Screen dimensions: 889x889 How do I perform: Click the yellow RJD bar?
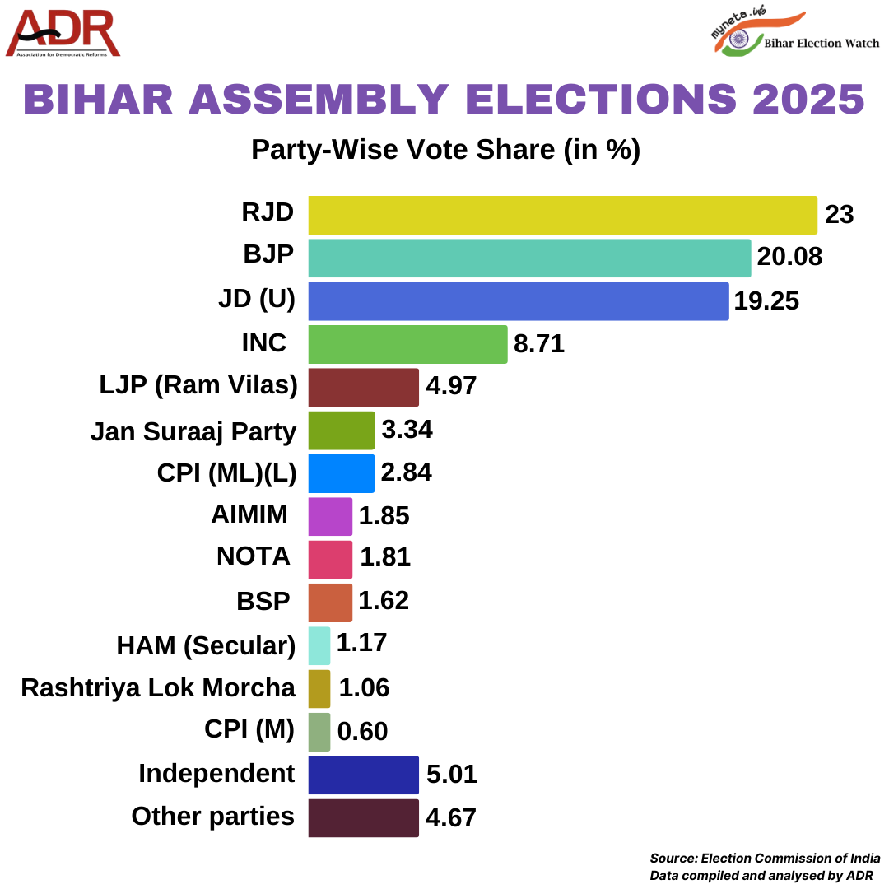[x=562, y=216]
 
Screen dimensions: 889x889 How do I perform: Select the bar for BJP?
[x=529, y=258]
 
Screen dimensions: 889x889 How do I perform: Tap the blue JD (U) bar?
[x=518, y=301]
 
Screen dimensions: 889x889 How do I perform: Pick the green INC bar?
[x=407, y=344]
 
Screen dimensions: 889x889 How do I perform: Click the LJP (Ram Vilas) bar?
[x=363, y=388]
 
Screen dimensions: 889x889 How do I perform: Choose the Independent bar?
[x=363, y=775]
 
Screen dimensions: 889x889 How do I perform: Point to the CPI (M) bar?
[x=319, y=732]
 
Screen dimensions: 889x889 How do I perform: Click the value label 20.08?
[x=789, y=258]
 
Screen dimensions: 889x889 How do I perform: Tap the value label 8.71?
[x=539, y=344]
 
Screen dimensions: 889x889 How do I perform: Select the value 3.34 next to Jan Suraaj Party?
[x=407, y=430]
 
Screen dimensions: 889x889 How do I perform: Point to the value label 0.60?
[x=362, y=732]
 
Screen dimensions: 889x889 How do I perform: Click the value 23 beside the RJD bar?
[x=840, y=215]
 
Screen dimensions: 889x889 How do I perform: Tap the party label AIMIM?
[x=249, y=514]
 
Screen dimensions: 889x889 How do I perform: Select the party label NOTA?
[x=254, y=557]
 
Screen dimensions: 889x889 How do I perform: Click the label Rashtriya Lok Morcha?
[x=158, y=688]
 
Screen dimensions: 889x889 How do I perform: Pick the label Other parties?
[x=212, y=817]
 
